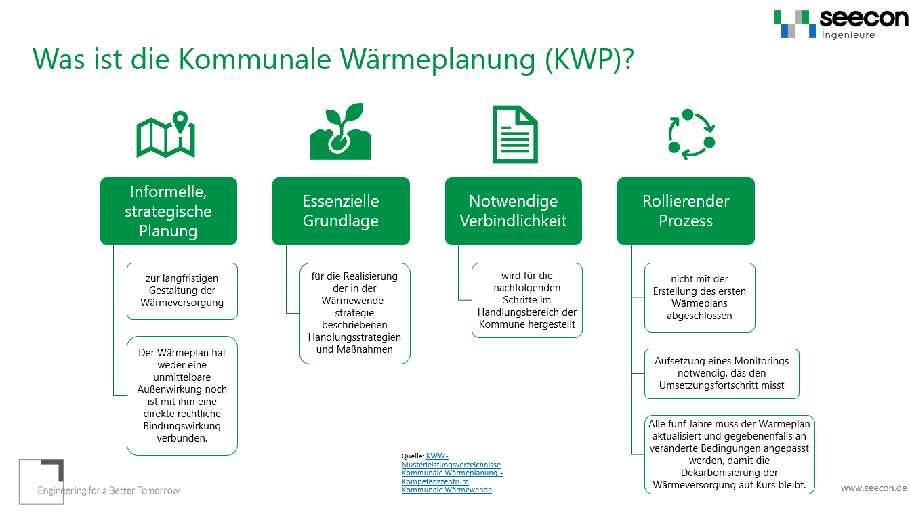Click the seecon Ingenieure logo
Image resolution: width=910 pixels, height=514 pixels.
point(841,24)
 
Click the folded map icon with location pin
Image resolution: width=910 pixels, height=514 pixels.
point(166,134)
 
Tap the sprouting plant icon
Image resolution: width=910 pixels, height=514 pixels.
point(340,131)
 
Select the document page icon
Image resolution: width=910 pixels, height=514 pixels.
point(515,134)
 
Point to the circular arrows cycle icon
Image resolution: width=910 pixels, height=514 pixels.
point(691,134)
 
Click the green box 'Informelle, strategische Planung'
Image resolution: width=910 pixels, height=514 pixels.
point(169,211)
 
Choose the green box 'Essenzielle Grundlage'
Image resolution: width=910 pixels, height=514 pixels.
point(341,211)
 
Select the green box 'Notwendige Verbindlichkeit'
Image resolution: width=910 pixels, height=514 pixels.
point(514,211)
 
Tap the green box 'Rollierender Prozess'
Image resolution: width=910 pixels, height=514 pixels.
point(686,211)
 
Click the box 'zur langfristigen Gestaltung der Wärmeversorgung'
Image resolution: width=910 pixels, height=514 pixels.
point(182,291)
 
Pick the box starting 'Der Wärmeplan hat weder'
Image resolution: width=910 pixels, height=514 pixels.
point(182,395)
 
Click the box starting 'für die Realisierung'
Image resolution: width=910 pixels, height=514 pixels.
point(354,313)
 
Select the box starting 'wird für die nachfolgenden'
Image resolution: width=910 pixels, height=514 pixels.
point(527,300)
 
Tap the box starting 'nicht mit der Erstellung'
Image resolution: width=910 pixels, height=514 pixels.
point(699,297)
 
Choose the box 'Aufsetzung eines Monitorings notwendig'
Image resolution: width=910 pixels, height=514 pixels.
point(722,374)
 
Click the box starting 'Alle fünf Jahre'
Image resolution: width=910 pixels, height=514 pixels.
point(729,454)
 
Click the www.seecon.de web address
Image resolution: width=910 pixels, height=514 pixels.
point(873,488)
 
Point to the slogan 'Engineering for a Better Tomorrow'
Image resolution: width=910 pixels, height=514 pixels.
point(108,490)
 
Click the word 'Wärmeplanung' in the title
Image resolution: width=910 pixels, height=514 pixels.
point(438,60)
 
